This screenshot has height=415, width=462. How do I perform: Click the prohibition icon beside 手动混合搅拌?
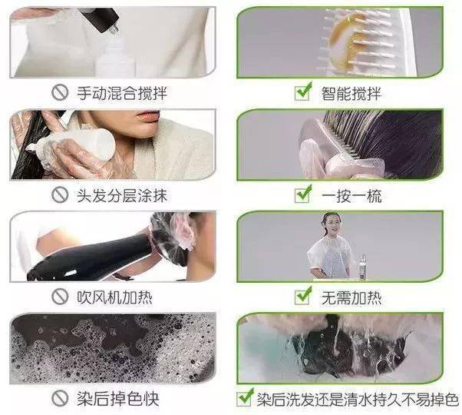[60, 93]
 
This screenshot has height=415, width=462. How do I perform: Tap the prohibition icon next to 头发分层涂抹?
[60, 195]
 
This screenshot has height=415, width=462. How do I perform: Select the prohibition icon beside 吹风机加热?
[60, 297]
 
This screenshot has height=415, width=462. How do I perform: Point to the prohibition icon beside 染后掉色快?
[60, 398]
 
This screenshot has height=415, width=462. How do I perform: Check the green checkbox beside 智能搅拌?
[303, 91]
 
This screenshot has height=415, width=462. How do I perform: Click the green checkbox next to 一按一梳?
[303, 194]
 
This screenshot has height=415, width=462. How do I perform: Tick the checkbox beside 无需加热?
[303, 296]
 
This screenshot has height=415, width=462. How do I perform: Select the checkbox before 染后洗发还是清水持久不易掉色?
[246, 397]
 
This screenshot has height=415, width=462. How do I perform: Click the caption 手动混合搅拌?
[122, 93]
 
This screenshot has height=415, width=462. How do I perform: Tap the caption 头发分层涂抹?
[122, 195]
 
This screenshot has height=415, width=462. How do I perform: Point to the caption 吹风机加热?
[114, 297]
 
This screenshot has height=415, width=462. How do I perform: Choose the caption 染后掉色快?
[118, 399]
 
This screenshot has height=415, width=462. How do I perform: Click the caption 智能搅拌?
[351, 94]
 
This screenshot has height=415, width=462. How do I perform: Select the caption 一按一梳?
[351, 196]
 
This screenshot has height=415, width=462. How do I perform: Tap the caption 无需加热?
[351, 297]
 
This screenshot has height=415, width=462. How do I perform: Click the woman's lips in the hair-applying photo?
[148, 116]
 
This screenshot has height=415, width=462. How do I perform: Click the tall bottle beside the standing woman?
[363, 267]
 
